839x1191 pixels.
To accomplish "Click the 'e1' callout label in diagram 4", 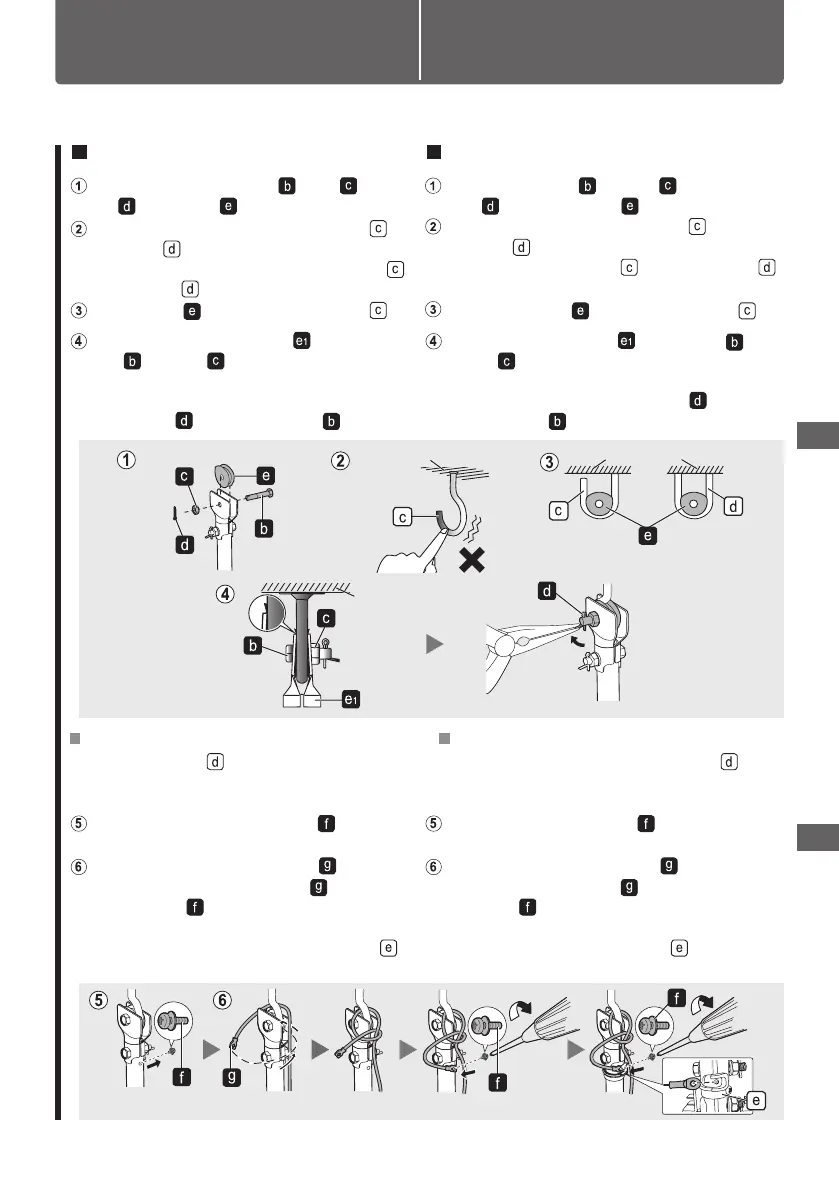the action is [350, 699].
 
